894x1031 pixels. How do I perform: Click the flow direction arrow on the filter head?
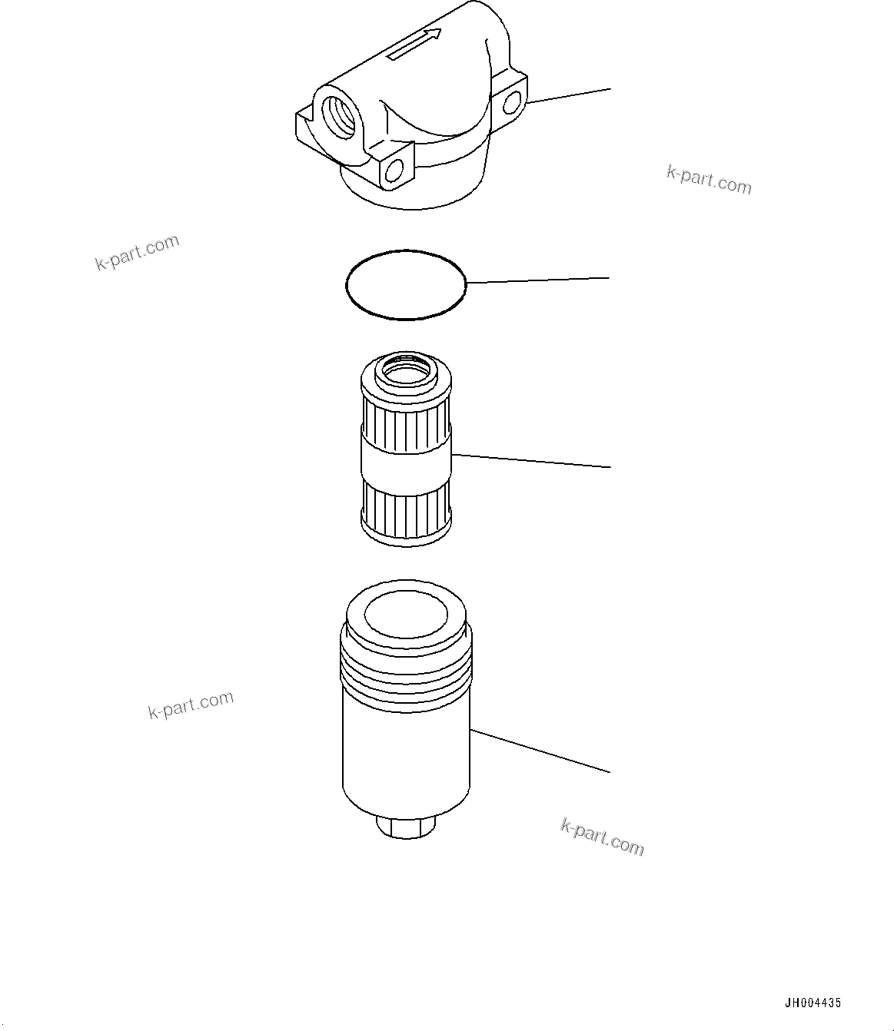414,45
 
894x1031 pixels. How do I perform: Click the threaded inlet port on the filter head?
339,116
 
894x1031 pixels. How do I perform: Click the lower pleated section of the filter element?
406,513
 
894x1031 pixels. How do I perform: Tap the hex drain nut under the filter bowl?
406,829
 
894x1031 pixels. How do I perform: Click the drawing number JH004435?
812,1003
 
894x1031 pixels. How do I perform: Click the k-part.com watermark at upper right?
709,181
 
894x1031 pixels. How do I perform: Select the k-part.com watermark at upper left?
137,253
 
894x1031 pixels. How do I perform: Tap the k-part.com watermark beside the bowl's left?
191,704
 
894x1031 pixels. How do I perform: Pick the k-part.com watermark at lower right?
602,837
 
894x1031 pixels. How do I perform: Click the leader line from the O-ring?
538,280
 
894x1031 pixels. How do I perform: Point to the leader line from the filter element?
530,461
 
